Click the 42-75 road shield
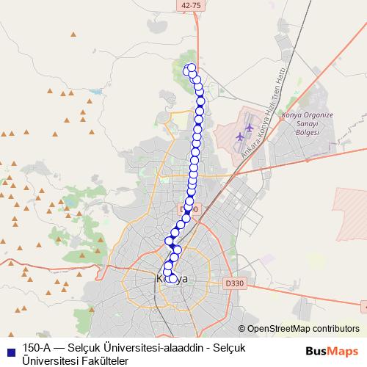[x=189, y=5]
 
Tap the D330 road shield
[x=234, y=283]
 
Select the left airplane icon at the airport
[x=240, y=137]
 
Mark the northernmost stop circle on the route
[x=192, y=68]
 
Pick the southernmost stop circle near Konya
[x=175, y=278]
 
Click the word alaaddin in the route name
[x=173, y=348]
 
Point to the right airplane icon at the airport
[x=249, y=128]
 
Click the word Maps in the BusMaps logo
[x=343, y=351]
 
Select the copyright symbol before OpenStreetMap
[x=241, y=329]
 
